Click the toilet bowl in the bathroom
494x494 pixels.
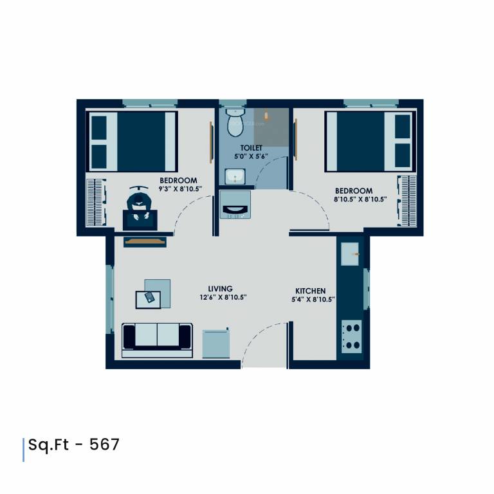235,122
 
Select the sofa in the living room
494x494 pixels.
157,340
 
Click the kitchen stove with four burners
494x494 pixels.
352,336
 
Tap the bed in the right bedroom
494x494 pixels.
368,141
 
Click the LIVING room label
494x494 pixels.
220,289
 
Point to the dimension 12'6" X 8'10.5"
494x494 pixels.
223,298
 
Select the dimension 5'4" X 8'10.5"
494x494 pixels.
313,300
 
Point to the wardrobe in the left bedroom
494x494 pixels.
95,200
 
